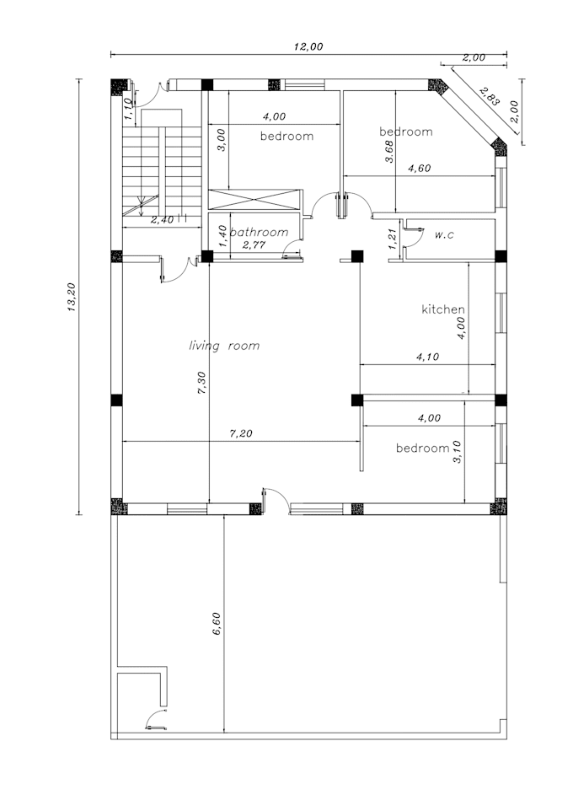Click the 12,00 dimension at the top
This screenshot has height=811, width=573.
pos(308,47)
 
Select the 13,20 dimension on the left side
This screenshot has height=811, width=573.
pos(72,297)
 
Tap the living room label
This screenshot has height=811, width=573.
pos(223,346)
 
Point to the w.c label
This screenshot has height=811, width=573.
pos(446,234)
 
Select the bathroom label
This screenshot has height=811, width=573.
pos(260,232)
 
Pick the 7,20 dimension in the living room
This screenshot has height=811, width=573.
pos(241,434)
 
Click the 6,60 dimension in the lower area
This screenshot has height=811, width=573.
pos(217,624)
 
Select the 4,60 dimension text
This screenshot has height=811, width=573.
pos(419,168)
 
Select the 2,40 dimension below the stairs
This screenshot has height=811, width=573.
pos(163,220)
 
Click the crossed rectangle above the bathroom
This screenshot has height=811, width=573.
pos(254,200)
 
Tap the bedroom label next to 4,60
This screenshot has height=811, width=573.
pos(405,132)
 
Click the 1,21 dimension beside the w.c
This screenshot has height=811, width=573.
pos(392,238)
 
